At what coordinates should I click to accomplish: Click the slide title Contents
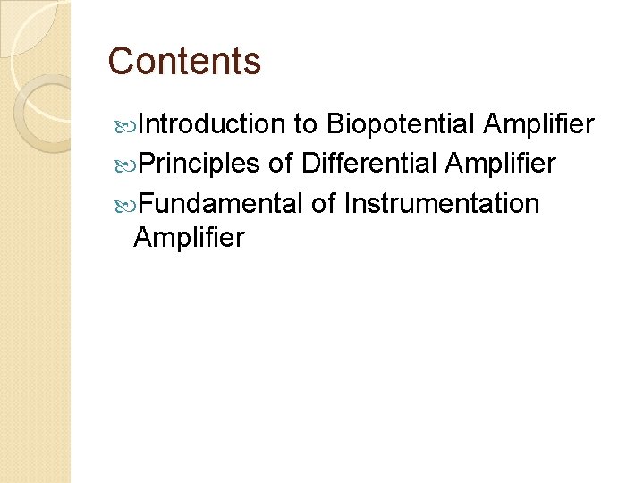click(184, 62)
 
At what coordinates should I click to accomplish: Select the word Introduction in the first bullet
click(210, 124)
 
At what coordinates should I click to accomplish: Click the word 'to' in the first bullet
click(306, 124)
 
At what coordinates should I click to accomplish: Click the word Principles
click(199, 164)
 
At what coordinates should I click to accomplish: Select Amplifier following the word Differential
click(500, 164)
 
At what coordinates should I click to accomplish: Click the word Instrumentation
click(441, 203)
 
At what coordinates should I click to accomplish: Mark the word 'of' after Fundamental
click(323, 203)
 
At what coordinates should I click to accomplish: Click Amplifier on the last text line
click(188, 238)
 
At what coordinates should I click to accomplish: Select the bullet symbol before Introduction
click(123, 125)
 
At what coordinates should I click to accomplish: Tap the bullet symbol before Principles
click(123, 165)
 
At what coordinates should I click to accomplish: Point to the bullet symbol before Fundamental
click(123, 204)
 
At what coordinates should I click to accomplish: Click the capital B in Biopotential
click(335, 124)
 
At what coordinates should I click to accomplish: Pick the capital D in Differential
click(310, 164)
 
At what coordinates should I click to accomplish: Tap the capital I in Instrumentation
click(347, 203)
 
